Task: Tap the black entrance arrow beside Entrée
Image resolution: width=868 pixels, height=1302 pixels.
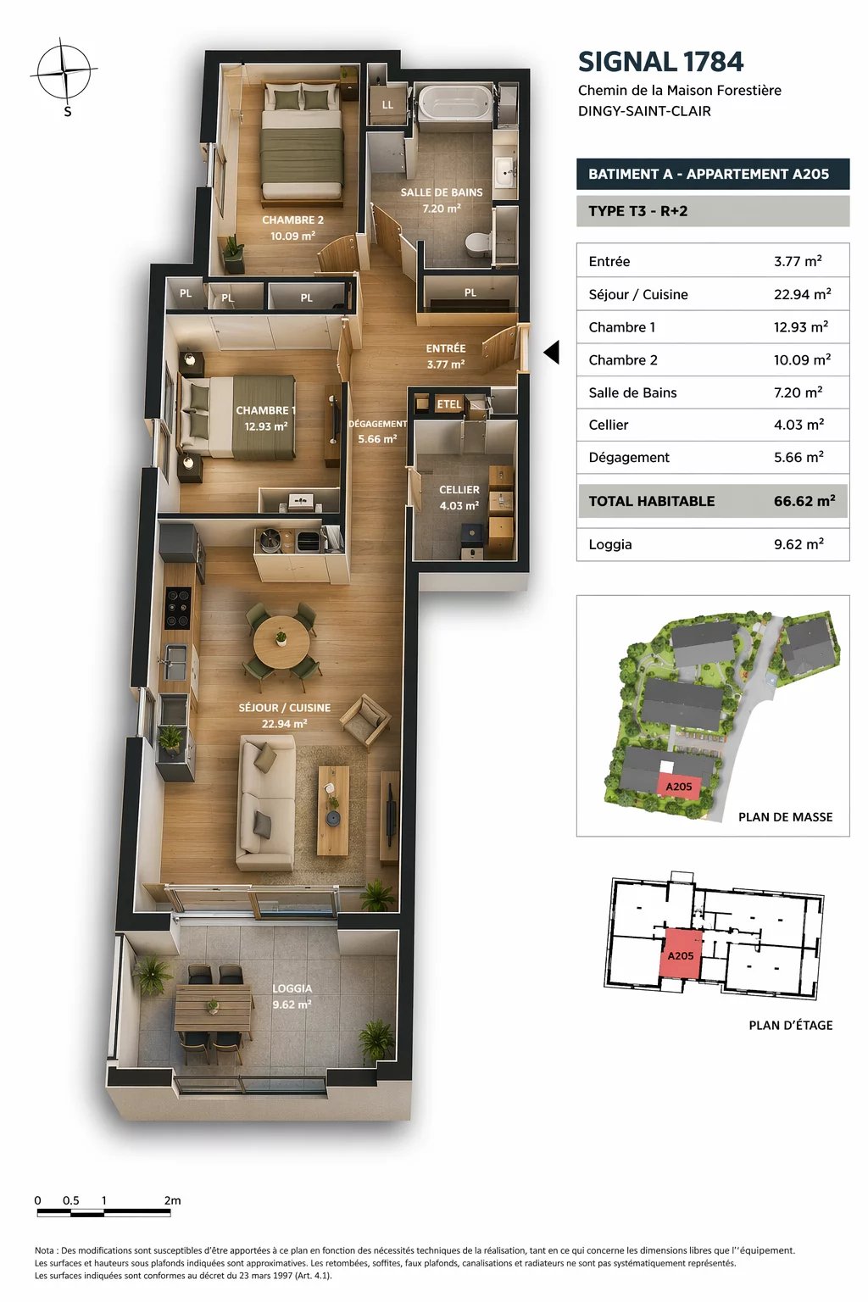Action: pos(552,353)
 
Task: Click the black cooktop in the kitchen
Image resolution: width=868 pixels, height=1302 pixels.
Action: pos(178,608)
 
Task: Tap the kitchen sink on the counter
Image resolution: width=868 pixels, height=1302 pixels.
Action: pos(175,662)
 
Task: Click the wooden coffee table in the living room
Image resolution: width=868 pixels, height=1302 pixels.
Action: pos(333,810)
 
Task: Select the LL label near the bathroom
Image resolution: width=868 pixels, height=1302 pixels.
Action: pos(387,105)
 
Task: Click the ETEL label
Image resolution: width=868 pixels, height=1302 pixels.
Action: pos(448,404)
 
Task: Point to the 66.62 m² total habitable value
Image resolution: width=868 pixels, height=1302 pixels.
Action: pos(804,501)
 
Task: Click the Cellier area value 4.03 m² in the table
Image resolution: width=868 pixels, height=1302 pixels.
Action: pos(798,425)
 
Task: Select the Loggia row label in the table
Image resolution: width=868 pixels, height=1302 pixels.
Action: pos(609,545)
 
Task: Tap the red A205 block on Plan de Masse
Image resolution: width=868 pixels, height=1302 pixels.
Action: pos(678,785)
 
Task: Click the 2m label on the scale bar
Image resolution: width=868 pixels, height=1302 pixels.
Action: pos(172,1200)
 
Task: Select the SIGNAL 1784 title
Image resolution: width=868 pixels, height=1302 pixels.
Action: pos(661,62)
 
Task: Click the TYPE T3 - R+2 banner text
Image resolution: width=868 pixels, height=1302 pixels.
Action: pos(637,211)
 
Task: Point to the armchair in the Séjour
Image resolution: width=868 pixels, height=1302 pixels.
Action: pos(365,721)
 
